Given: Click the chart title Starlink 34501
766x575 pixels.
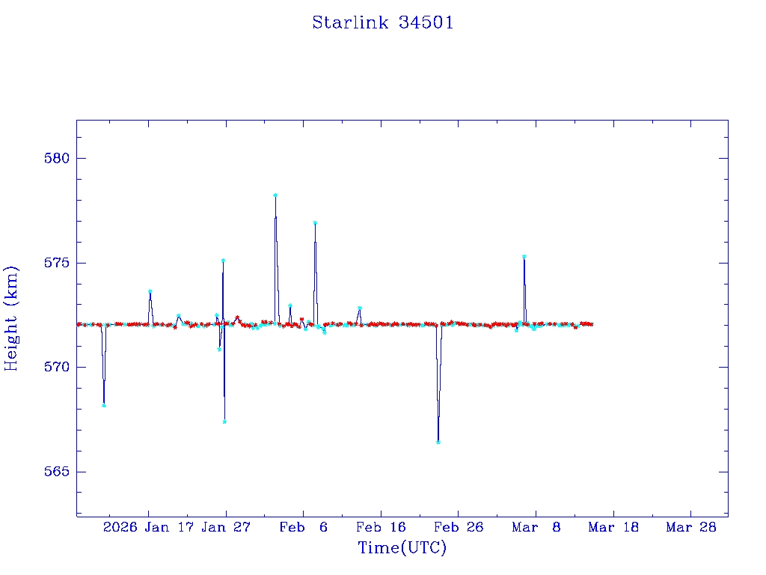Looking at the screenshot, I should (x=382, y=22).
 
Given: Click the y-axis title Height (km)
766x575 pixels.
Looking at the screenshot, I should (x=11, y=318).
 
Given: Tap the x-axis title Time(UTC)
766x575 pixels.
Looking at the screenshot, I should (x=402, y=548).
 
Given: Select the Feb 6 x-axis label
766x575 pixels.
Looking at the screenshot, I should (x=303, y=527).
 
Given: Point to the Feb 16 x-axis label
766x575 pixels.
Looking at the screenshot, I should (x=381, y=527).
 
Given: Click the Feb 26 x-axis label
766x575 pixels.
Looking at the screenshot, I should (x=459, y=527).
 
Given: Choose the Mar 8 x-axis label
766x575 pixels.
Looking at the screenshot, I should (x=536, y=527).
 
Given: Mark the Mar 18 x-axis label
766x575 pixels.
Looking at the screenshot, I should (x=613, y=527).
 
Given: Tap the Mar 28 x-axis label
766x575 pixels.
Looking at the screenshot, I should (x=691, y=527).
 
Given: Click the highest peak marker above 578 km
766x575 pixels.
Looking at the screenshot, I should (x=275, y=195).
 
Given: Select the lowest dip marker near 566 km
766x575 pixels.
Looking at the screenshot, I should (x=438, y=442).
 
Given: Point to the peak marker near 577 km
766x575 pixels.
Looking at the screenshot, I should (x=315, y=223).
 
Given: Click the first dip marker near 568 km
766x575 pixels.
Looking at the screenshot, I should (x=104, y=406).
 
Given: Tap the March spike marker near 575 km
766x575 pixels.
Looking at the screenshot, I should (x=524, y=257).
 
